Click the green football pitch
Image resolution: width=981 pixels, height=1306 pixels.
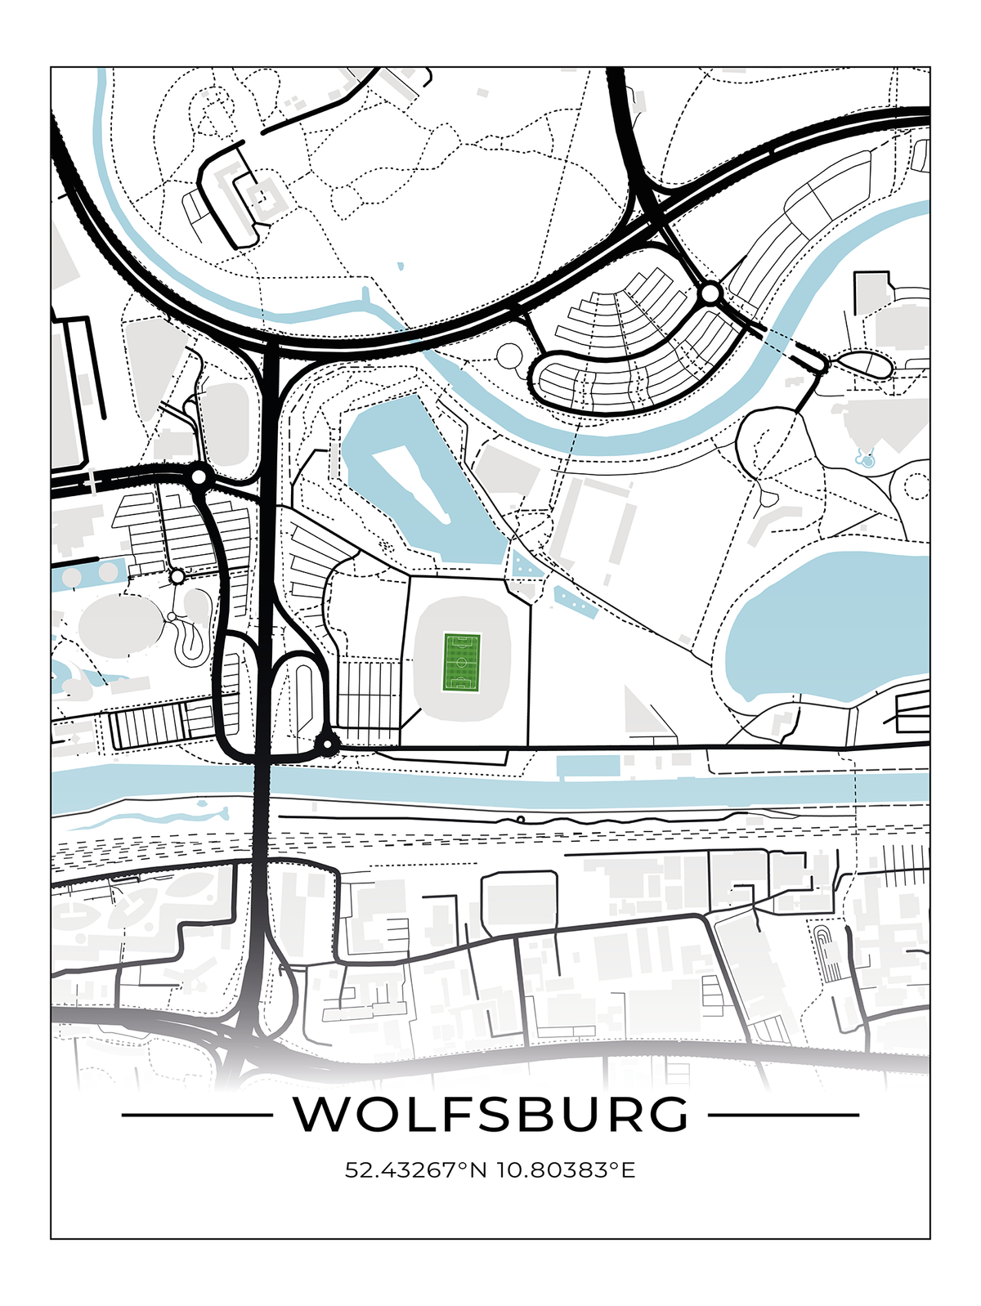(x=462, y=661)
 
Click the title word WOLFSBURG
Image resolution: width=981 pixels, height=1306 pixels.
(x=490, y=1114)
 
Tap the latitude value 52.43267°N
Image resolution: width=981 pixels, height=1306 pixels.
(x=416, y=1170)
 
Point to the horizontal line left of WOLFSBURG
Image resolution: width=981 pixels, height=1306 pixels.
(x=196, y=1114)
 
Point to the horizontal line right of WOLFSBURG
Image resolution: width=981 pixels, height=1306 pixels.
(x=783, y=1114)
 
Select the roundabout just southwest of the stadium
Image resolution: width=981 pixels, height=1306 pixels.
(x=327, y=744)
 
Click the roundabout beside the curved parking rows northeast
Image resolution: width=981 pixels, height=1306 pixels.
(x=710, y=293)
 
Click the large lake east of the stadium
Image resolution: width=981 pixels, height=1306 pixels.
(x=826, y=625)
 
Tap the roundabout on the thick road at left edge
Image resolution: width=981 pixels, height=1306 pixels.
(x=199, y=476)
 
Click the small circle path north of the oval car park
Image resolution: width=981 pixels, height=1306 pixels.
(x=509, y=356)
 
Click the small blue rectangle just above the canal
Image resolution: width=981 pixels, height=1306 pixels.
(x=588, y=767)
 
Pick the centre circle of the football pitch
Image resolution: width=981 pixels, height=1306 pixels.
(x=462, y=661)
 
